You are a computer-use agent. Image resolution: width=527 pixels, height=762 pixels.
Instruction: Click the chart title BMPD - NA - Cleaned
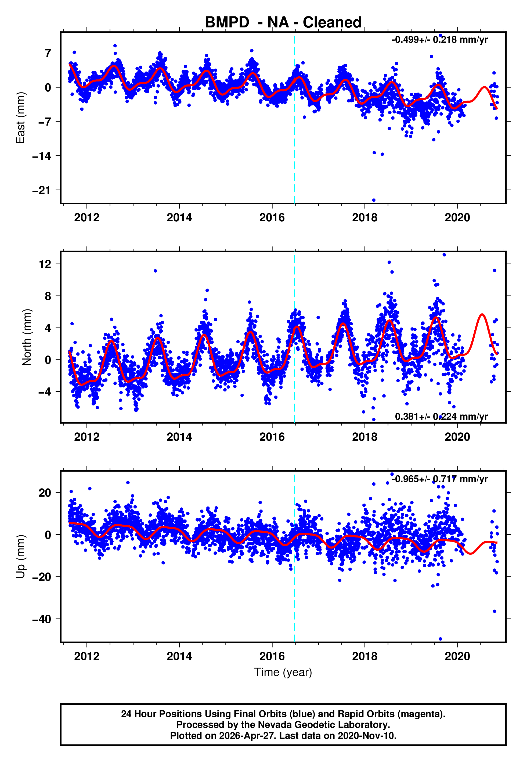click(283, 23)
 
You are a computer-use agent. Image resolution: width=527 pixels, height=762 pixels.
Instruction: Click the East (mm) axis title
click(20, 118)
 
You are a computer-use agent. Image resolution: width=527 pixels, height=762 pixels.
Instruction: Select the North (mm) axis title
click(27, 337)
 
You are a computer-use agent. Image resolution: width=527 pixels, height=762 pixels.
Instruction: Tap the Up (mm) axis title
click(20, 557)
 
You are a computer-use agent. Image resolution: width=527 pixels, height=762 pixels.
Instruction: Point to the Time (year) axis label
click(283, 672)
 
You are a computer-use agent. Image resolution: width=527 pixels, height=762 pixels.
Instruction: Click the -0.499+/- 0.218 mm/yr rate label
click(439, 40)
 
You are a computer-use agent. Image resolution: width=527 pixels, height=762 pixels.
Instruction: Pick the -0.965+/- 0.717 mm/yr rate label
click(439, 479)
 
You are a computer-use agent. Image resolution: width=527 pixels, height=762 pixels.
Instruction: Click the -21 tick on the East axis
click(42, 190)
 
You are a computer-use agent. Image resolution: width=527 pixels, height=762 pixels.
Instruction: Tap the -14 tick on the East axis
click(42, 156)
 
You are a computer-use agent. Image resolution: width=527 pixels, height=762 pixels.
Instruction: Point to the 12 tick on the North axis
click(45, 264)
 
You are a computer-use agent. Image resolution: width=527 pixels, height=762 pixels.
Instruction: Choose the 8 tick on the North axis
click(48, 296)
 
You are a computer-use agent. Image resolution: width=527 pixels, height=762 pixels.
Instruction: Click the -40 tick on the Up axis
click(42, 619)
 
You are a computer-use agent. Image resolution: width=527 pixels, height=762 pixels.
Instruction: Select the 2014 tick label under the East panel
click(179, 218)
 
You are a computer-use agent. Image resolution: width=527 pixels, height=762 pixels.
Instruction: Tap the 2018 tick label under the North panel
click(364, 437)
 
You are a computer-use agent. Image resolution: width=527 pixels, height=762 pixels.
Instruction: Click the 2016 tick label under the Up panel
click(272, 656)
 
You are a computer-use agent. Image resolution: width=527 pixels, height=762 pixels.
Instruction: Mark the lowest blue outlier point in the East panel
click(374, 200)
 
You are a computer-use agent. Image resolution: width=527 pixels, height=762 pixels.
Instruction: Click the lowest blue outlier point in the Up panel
click(440, 639)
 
